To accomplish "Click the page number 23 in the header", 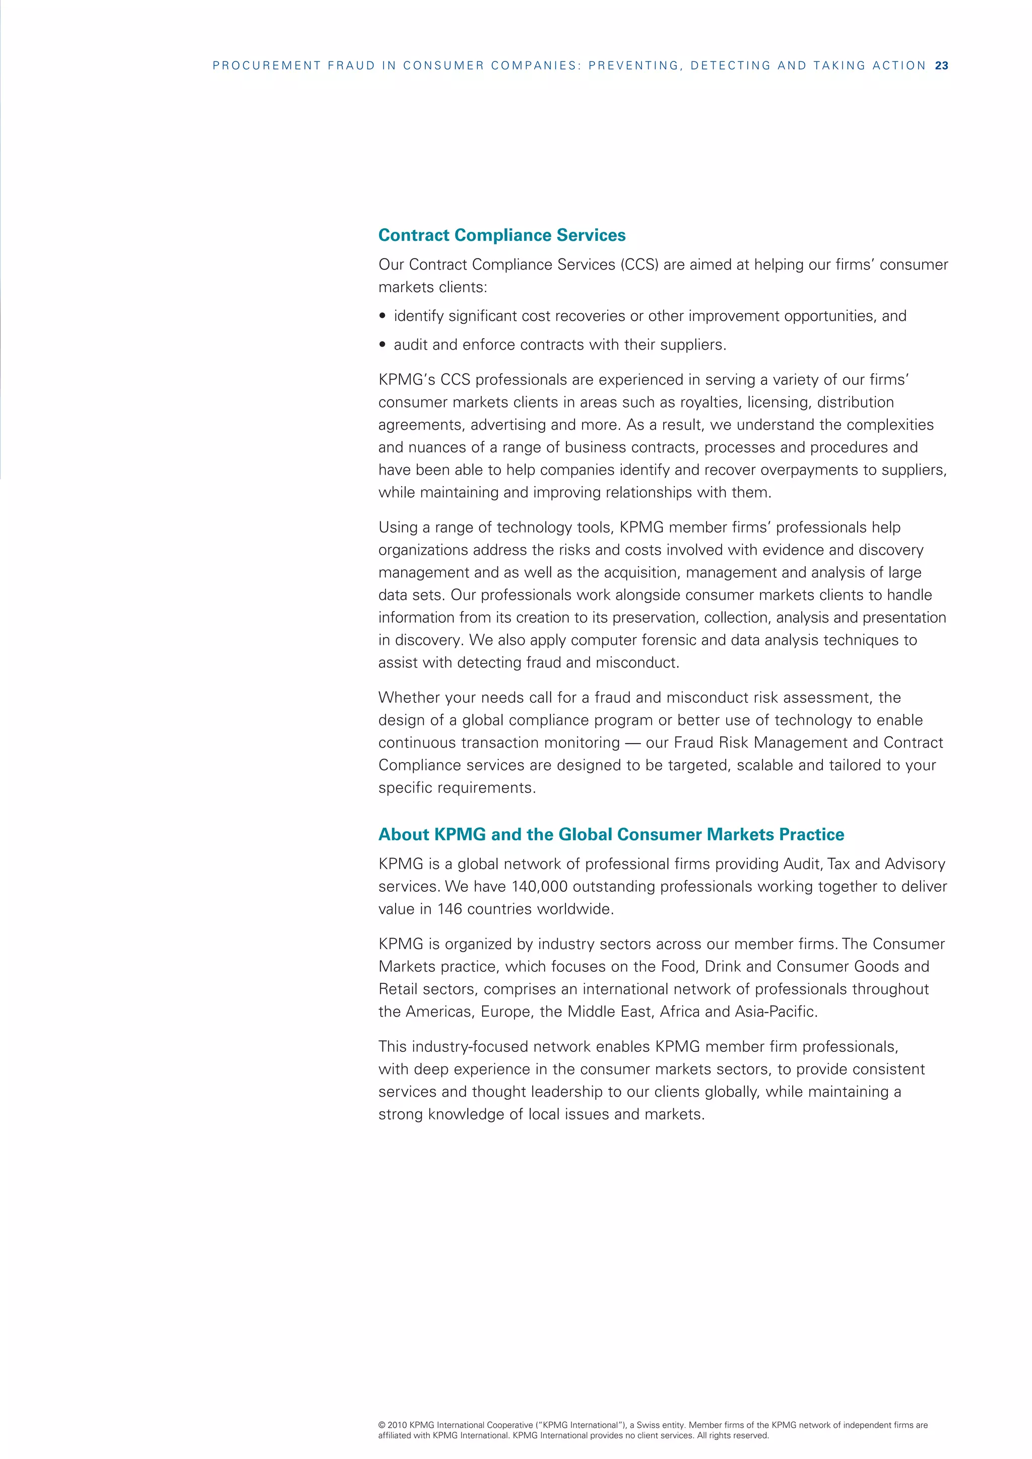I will click(x=941, y=65).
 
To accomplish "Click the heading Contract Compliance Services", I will click(x=501, y=235).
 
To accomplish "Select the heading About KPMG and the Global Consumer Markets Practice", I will click(x=611, y=834).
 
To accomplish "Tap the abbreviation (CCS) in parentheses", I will click(x=639, y=264).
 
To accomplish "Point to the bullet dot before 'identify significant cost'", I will click(x=382, y=316).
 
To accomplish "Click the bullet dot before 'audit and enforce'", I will click(x=382, y=345).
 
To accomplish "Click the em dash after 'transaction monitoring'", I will click(x=632, y=743).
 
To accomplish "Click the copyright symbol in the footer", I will click(x=381, y=1425).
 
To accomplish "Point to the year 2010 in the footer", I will click(x=397, y=1425).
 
